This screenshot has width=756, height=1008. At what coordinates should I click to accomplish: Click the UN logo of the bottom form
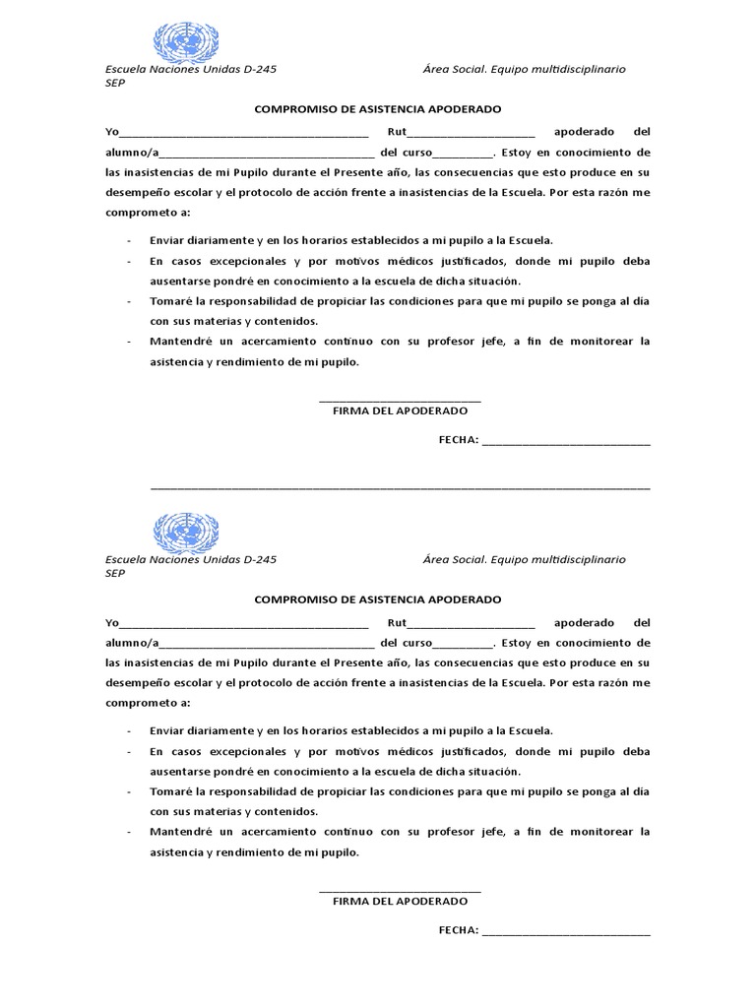pos(186,533)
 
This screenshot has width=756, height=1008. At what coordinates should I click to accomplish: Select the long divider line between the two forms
pos(400,487)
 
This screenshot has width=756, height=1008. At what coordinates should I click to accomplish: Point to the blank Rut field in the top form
pos(472,134)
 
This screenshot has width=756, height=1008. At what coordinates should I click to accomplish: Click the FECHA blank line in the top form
pos(566,443)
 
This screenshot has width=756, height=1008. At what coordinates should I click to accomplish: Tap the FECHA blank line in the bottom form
pos(566,932)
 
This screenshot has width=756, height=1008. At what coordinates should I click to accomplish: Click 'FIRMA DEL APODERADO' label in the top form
pos(401,410)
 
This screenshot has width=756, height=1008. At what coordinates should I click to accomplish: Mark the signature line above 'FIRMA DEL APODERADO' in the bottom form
pos(401,890)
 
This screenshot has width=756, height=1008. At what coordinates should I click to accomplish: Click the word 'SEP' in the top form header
pos(115,84)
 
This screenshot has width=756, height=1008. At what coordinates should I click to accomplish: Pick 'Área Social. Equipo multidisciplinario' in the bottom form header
pos(524,559)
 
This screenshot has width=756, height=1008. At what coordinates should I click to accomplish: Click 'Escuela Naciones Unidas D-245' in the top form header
pos(191,69)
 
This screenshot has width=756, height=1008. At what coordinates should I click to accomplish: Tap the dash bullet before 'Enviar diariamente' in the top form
pos(130,240)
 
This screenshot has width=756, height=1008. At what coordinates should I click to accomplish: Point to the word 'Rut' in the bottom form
pos(397,623)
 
